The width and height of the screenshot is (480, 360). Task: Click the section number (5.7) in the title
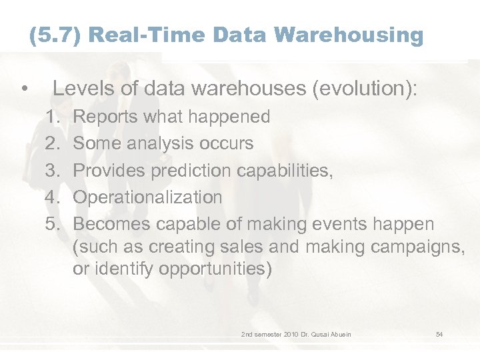[x=55, y=35]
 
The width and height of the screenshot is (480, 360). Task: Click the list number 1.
[x=54, y=117]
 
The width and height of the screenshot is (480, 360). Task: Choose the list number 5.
[x=54, y=225]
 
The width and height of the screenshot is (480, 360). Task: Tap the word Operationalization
[x=147, y=197]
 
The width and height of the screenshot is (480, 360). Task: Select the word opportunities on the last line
[x=203, y=269]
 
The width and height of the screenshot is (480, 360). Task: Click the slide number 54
[x=439, y=334]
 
